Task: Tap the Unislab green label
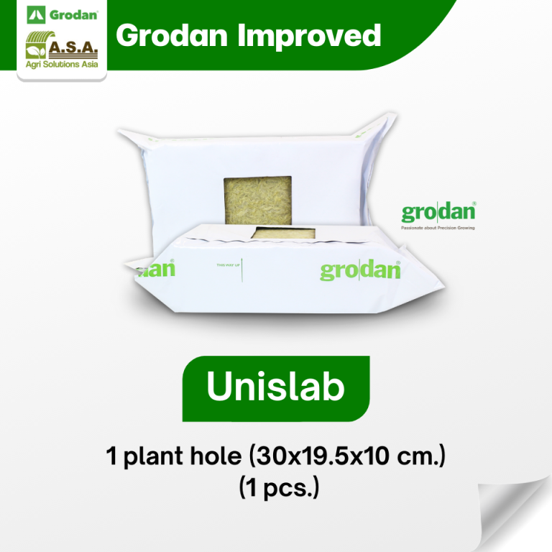click(276, 387)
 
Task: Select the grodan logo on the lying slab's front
click(359, 270)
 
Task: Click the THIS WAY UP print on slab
click(229, 266)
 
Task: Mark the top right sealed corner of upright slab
click(387, 122)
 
